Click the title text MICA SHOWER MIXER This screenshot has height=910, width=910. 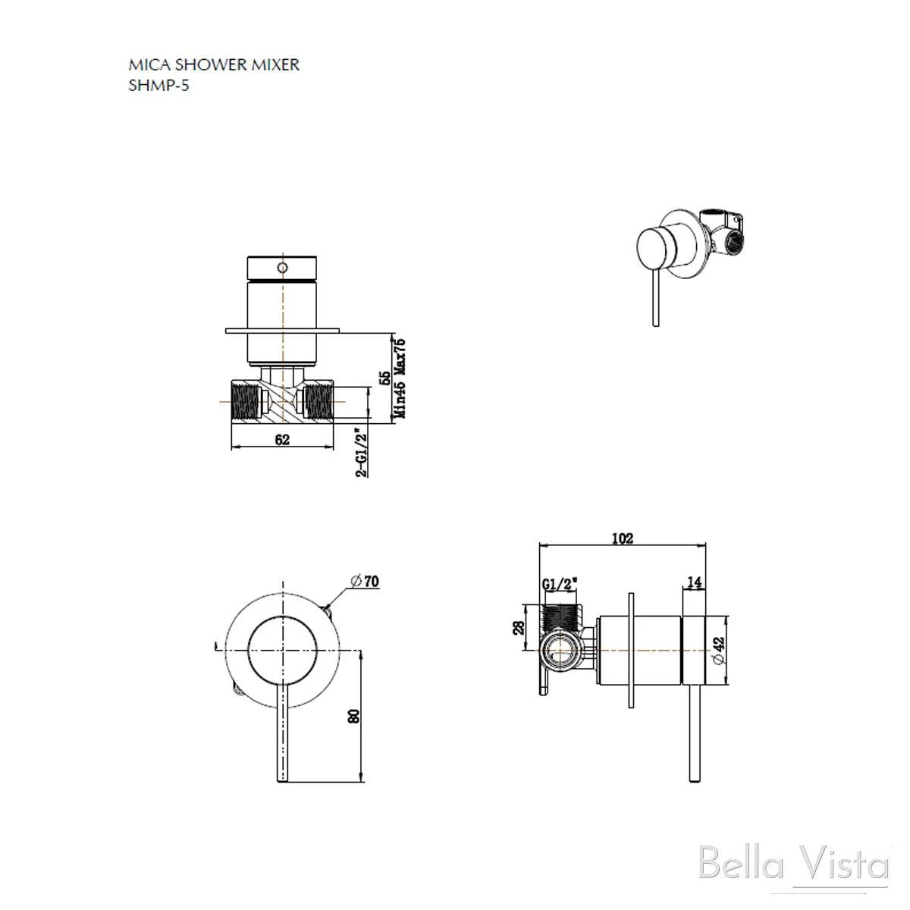click(x=214, y=64)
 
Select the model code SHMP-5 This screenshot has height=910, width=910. click(x=159, y=85)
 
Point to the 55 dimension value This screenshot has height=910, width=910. click(x=384, y=377)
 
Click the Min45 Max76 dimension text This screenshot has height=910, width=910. click(x=400, y=377)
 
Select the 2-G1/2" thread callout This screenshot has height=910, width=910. click(x=362, y=452)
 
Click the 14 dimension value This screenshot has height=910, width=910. click(x=694, y=582)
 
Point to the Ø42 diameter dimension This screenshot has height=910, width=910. click(x=720, y=651)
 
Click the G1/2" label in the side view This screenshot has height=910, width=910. click(x=560, y=585)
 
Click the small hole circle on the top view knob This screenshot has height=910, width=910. click(x=282, y=268)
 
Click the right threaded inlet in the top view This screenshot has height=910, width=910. click(x=318, y=402)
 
